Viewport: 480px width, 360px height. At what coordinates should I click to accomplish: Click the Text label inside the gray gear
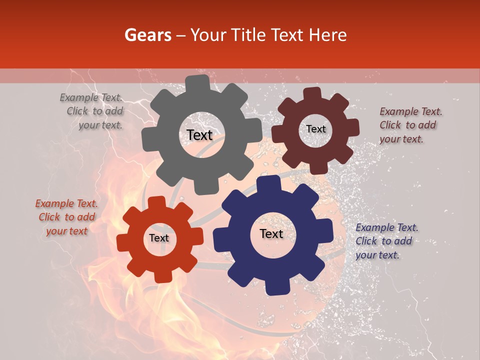click(199, 135)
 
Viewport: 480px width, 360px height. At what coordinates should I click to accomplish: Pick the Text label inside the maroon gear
click(315, 129)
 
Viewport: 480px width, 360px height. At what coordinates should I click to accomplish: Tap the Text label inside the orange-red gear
click(159, 238)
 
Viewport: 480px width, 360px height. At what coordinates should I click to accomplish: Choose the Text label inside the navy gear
click(271, 233)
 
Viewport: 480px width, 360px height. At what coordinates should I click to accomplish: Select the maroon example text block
click(410, 125)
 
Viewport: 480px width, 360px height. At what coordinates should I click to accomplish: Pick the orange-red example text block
click(67, 217)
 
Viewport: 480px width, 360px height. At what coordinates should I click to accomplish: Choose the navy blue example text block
click(386, 241)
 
